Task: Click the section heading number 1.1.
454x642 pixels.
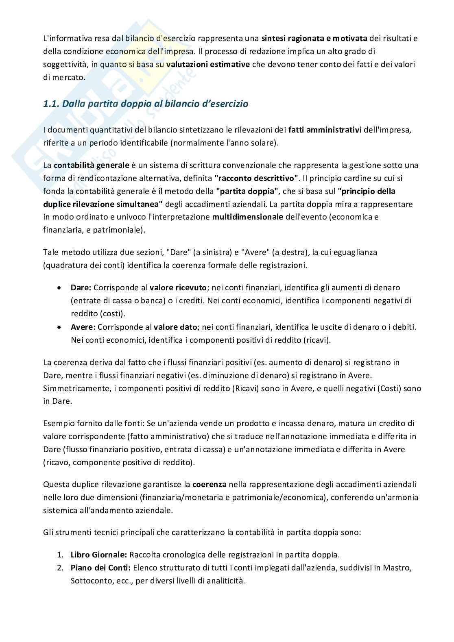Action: pos(51,104)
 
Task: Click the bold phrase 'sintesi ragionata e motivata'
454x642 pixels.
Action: pos(314,39)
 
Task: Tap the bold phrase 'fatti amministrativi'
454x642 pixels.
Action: pos(325,130)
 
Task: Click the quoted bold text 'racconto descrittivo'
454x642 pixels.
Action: pos(257,178)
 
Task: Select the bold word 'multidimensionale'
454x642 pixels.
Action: pos(247,217)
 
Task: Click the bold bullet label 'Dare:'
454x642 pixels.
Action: pos(81,287)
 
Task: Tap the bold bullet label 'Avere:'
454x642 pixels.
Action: pos(83,327)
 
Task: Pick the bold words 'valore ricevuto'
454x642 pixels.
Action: pos(178,287)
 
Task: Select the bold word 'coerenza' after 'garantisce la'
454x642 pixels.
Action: pos(209,484)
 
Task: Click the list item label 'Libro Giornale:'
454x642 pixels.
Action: pos(99,555)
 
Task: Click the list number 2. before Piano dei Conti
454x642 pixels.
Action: pos(60,568)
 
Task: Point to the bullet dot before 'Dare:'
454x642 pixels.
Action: pos(60,288)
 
